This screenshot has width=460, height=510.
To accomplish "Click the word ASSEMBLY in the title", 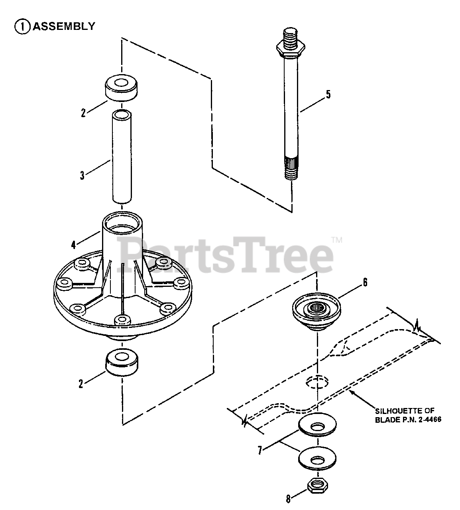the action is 64,26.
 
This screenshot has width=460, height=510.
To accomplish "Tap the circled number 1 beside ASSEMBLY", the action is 22,26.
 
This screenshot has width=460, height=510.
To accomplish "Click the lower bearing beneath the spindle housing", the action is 122,362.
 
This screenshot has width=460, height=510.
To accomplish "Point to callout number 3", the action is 82,175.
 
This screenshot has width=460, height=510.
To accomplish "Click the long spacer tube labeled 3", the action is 122,156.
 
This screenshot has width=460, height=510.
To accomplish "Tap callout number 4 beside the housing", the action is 73,245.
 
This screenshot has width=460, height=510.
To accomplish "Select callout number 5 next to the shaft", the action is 328,94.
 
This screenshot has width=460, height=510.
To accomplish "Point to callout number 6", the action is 365,282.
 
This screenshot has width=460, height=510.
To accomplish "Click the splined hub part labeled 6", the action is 316,311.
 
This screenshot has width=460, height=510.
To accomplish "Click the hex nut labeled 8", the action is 318,486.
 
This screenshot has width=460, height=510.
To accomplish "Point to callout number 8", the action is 288,499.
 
